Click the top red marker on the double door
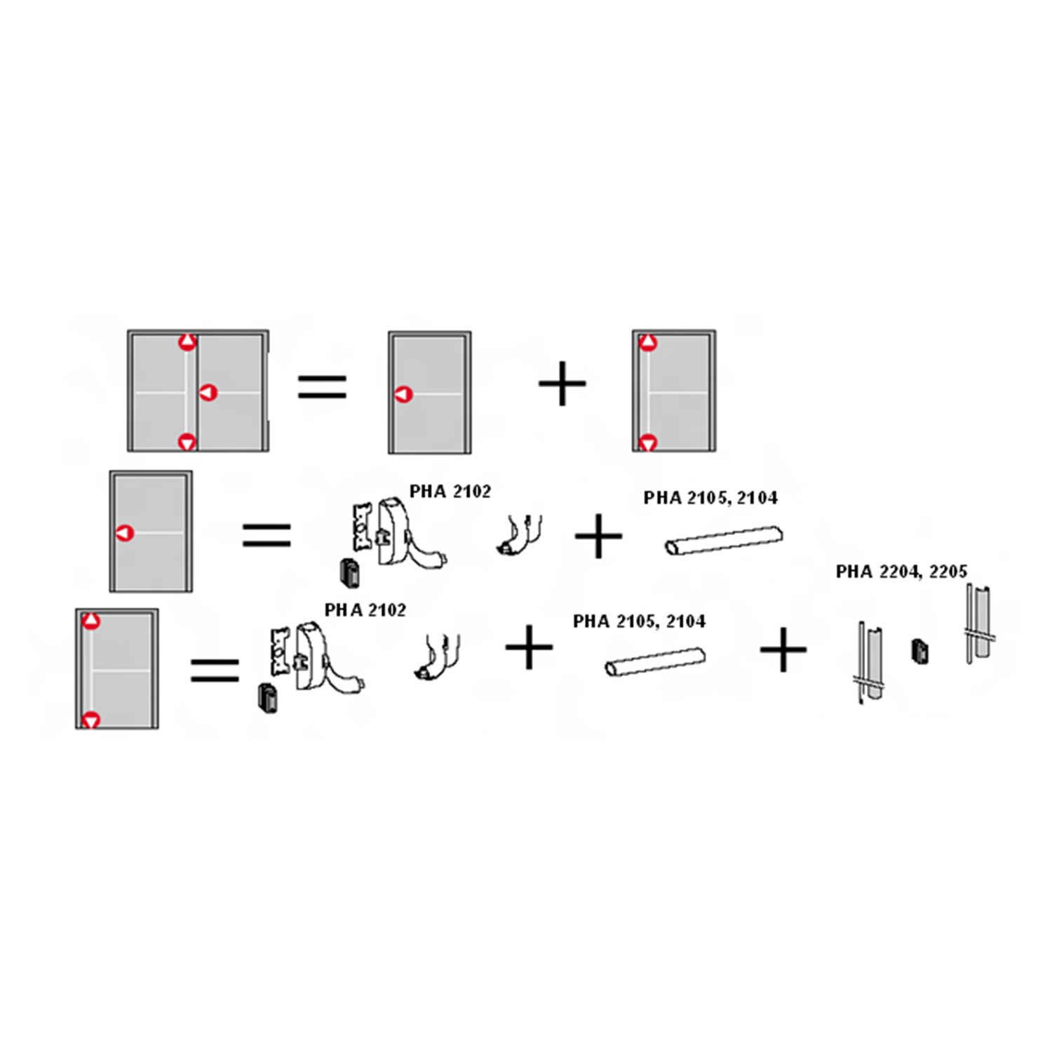(187, 342)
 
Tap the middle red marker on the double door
(208, 393)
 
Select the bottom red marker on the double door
(187, 443)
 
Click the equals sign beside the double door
(323, 386)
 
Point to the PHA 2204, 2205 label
(901, 572)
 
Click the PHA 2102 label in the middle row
(450, 491)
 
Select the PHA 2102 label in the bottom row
(365, 610)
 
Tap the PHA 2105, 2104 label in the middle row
(710, 498)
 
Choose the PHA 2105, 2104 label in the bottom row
(639, 621)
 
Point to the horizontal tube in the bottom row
(655, 662)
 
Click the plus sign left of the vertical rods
(783, 650)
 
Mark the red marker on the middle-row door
(124, 533)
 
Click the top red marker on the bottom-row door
(91, 621)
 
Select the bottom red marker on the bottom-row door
(91, 720)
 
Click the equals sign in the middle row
(267, 535)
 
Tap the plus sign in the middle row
(598, 536)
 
